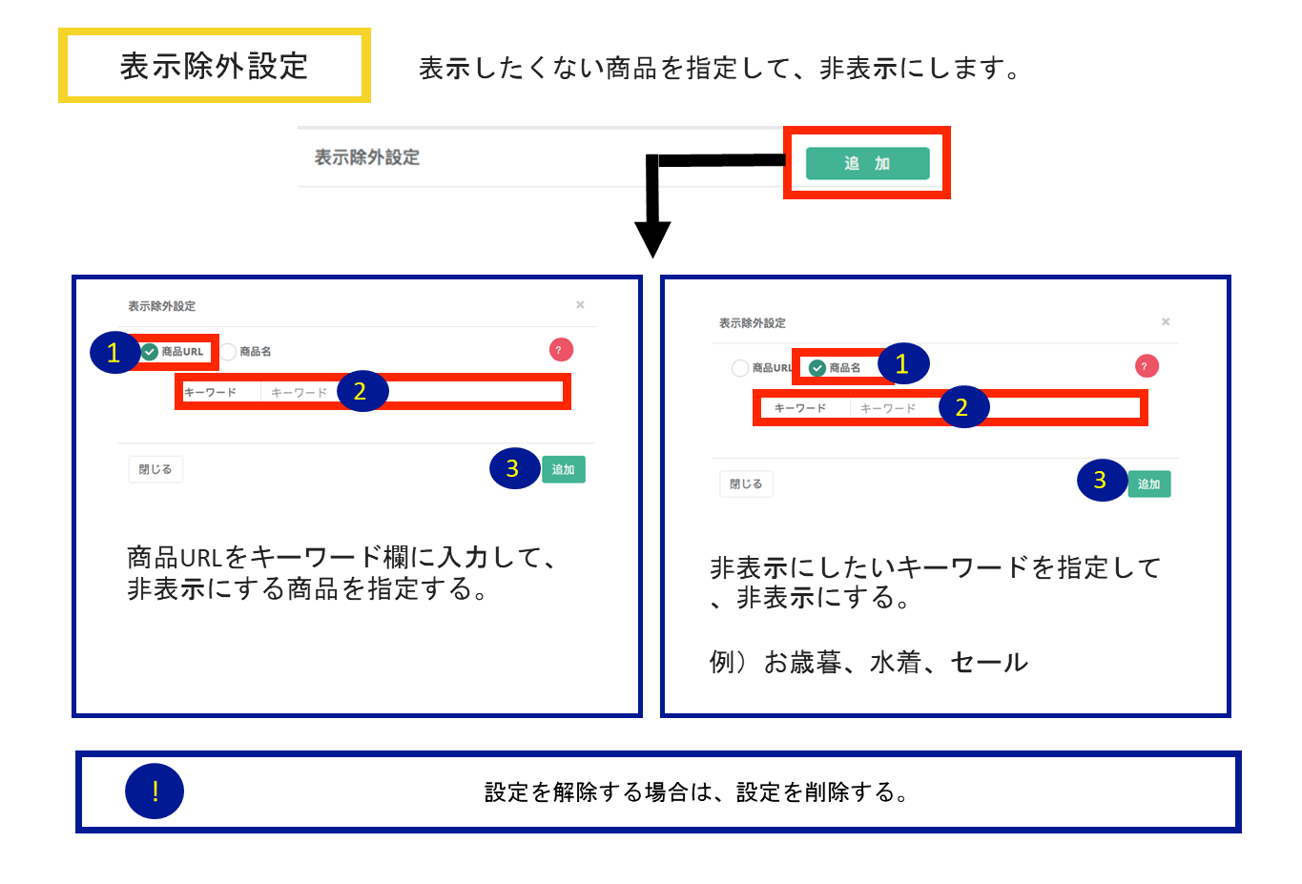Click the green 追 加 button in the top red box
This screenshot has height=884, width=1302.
(x=867, y=163)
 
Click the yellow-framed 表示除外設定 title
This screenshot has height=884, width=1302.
(x=214, y=65)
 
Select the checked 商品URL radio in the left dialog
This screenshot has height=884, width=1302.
(x=150, y=352)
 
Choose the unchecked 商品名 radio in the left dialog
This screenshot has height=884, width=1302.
(x=228, y=352)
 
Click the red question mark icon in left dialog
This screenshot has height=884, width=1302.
(x=561, y=350)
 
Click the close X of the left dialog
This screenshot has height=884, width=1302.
(x=580, y=304)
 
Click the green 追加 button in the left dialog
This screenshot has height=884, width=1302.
(x=563, y=469)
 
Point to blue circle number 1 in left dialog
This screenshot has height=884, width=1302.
(x=114, y=352)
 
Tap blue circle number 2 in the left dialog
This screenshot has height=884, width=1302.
(x=362, y=391)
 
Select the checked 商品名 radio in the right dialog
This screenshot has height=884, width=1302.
(x=817, y=367)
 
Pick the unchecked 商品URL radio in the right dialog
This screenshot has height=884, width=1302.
(x=740, y=368)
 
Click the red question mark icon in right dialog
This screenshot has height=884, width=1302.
(x=1147, y=366)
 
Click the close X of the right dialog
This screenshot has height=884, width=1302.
(x=1166, y=321)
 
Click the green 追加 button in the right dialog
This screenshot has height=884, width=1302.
(x=1149, y=484)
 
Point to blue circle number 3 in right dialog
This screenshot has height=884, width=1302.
(x=1102, y=480)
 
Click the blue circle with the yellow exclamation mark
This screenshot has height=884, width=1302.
(x=155, y=791)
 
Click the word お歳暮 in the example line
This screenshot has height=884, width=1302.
(x=803, y=662)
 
